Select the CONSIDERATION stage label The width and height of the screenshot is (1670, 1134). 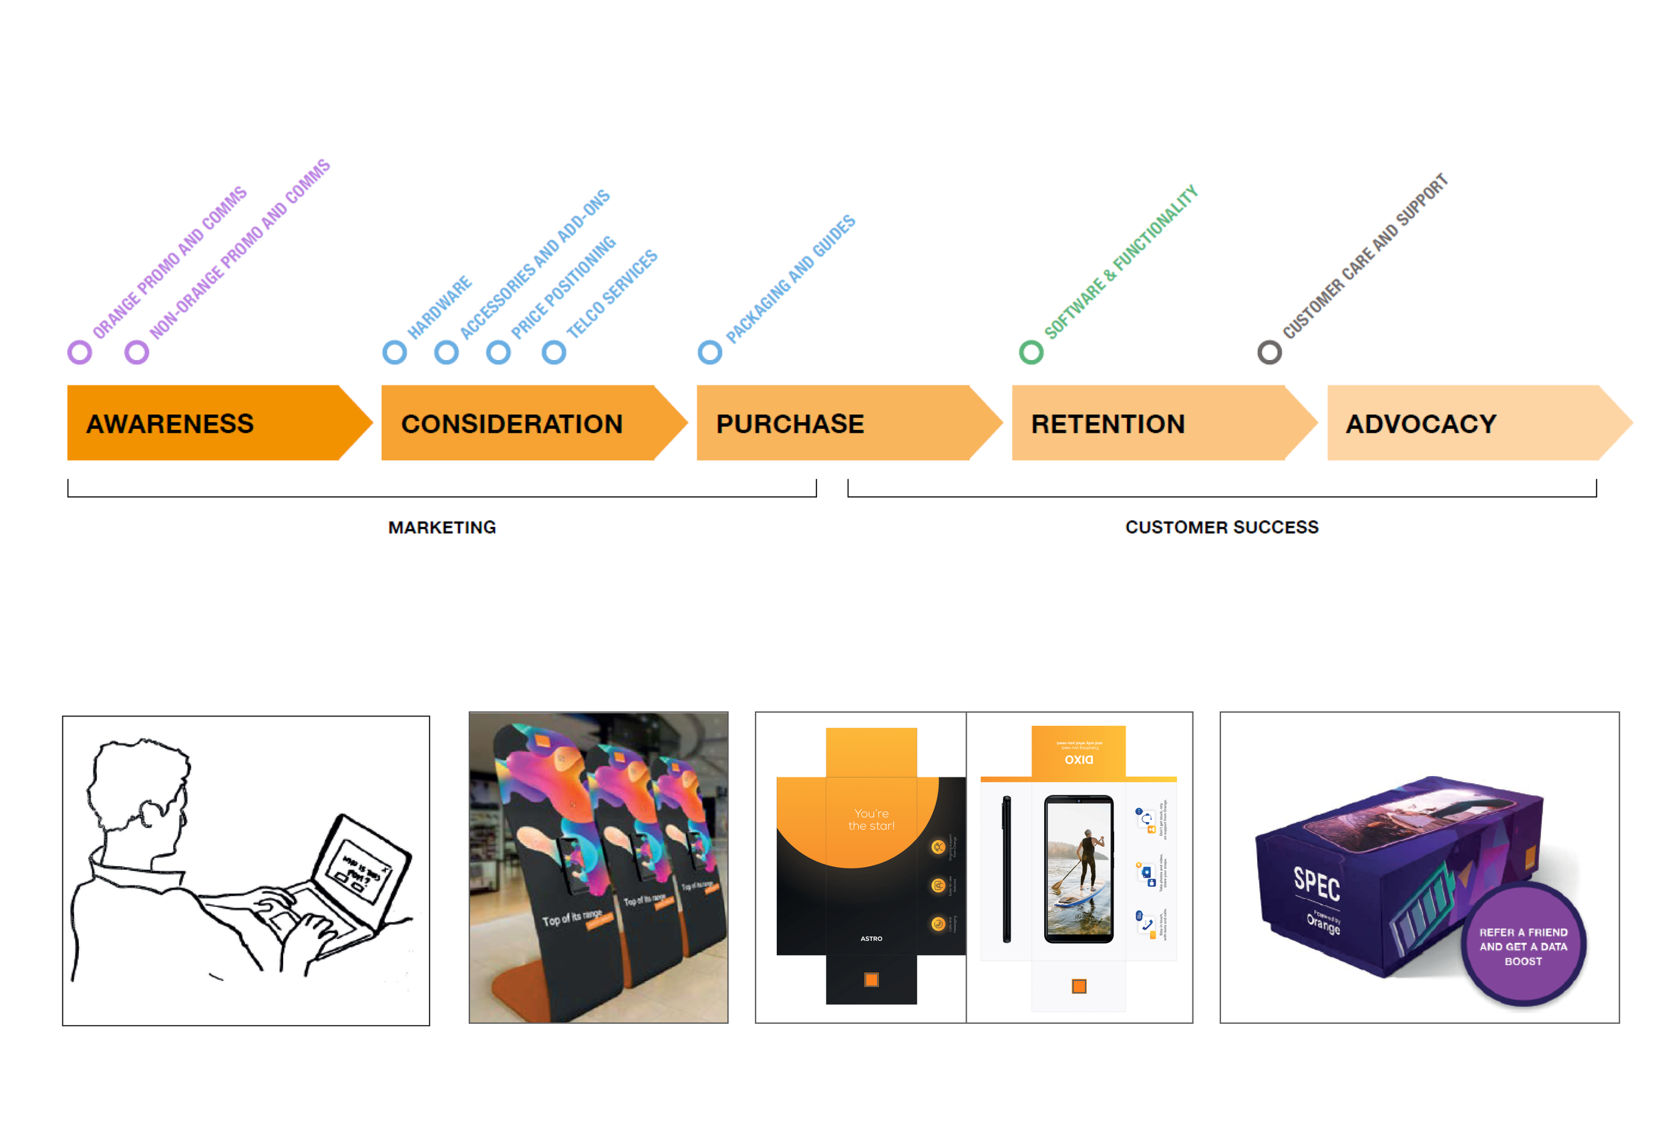click(x=511, y=423)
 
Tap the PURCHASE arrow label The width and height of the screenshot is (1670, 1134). click(x=790, y=423)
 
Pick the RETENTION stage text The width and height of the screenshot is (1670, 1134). click(x=1108, y=423)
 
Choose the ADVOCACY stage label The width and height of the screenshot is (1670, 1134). click(x=1421, y=423)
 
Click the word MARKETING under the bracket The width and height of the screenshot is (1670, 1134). click(x=442, y=528)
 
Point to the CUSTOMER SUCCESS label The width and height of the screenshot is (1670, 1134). click(x=1222, y=528)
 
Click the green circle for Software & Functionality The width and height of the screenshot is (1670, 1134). click(x=1031, y=352)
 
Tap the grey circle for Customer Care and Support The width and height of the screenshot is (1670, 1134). click(x=1269, y=352)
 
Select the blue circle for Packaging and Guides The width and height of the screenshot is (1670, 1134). click(x=710, y=352)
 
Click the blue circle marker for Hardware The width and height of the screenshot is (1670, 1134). click(x=395, y=352)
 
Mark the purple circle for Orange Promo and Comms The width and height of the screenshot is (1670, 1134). click(x=79, y=352)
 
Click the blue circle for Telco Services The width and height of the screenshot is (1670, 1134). click(x=553, y=352)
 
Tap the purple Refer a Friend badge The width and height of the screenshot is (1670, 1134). click(x=1524, y=945)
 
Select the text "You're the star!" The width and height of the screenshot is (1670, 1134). click(x=871, y=819)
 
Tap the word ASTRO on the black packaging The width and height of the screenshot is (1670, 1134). click(x=871, y=938)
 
